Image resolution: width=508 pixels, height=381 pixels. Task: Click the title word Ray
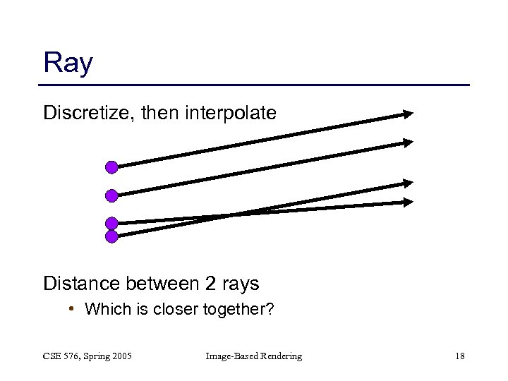point(68,64)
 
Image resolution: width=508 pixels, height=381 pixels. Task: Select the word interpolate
point(235,112)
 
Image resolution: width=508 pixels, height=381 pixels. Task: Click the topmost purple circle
point(111,167)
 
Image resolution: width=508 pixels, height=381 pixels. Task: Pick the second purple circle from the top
point(111,195)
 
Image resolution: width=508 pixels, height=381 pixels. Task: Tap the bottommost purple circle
point(111,236)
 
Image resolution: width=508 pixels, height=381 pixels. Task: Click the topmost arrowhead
point(407,114)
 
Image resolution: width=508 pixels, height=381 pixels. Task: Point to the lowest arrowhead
point(407,202)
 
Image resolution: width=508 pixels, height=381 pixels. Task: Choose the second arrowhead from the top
point(407,143)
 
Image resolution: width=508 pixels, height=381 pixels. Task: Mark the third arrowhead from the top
point(407,183)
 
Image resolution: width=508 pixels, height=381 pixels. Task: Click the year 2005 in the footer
point(121,356)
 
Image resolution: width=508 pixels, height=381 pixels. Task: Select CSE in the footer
point(52,356)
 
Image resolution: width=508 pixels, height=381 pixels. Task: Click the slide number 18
point(459,356)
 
